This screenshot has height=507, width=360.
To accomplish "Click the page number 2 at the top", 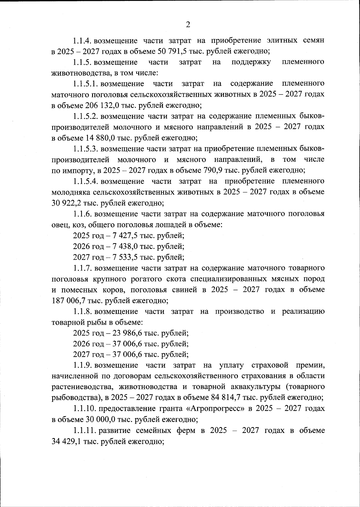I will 188,25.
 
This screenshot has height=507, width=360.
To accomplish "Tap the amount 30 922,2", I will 67,203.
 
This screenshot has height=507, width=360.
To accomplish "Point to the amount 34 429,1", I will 67,441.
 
